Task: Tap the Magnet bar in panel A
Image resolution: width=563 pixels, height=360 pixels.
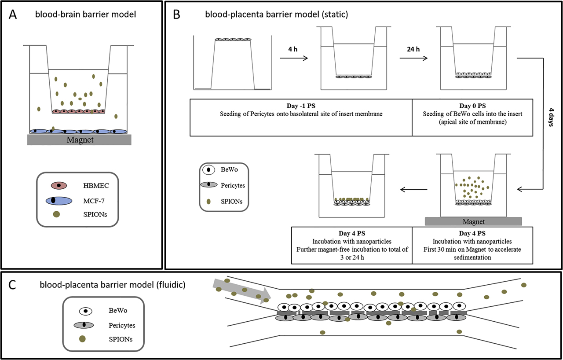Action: [79, 140]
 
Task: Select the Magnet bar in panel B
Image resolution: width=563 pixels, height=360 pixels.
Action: [474, 221]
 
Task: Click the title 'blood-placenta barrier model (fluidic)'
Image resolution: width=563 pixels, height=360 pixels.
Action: [110, 285]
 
